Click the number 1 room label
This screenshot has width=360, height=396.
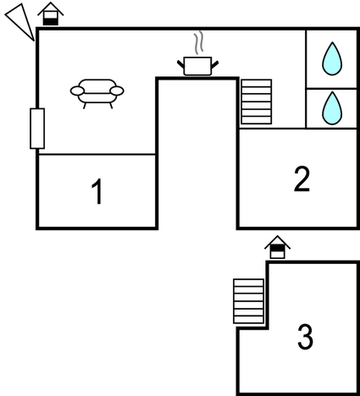97,191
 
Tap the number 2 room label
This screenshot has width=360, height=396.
302,179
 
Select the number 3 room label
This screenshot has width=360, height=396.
306,337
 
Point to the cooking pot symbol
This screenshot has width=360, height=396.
197,66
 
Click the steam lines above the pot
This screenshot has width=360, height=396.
199,42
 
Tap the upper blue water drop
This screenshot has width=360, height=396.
332,58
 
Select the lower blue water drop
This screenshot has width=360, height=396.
332,108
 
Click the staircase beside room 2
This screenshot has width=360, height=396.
257,102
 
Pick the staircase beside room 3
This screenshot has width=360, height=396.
249,301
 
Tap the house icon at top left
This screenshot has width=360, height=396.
51,14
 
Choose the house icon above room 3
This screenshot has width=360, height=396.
277,247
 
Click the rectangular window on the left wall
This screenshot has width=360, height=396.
37,129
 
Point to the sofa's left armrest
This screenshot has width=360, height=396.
77,91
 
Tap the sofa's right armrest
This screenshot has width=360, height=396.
117,91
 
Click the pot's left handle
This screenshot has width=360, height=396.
180,63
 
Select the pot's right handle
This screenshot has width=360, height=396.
215,64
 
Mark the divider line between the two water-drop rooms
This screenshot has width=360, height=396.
331,88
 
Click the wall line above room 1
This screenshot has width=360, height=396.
97,154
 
